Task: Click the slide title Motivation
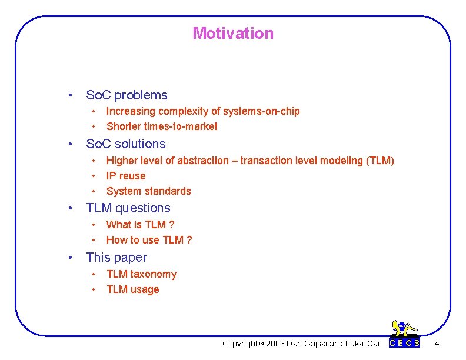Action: [233, 34]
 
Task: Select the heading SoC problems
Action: [127, 95]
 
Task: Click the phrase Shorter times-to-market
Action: [162, 126]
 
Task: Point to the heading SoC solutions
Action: [126, 144]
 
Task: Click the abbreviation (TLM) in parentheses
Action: [380, 161]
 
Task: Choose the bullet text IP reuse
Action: [126, 176]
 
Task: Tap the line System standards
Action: [149, 191]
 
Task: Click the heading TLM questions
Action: [128, 208]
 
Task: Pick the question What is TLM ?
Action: [140, 225]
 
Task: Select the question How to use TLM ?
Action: [149, 240]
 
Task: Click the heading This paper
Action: [116, 258]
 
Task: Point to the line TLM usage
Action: [133, 289]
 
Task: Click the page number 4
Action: [436, 343]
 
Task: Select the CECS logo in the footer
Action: [405, 335]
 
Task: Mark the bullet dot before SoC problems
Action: [70, 95]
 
